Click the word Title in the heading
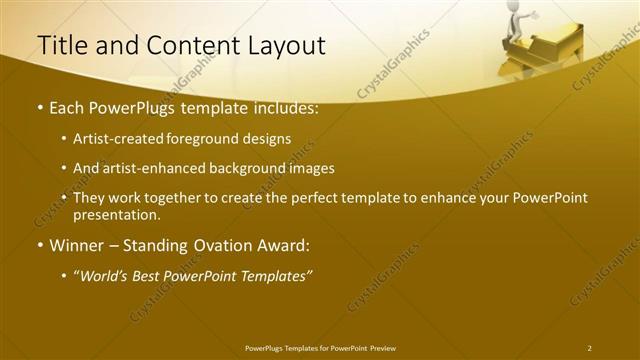pyautogui.click(x=58, y=46)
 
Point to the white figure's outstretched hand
pyautogui.click(x=536, y=15)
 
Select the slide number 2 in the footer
pyautogui.click(x=589, y=347)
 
